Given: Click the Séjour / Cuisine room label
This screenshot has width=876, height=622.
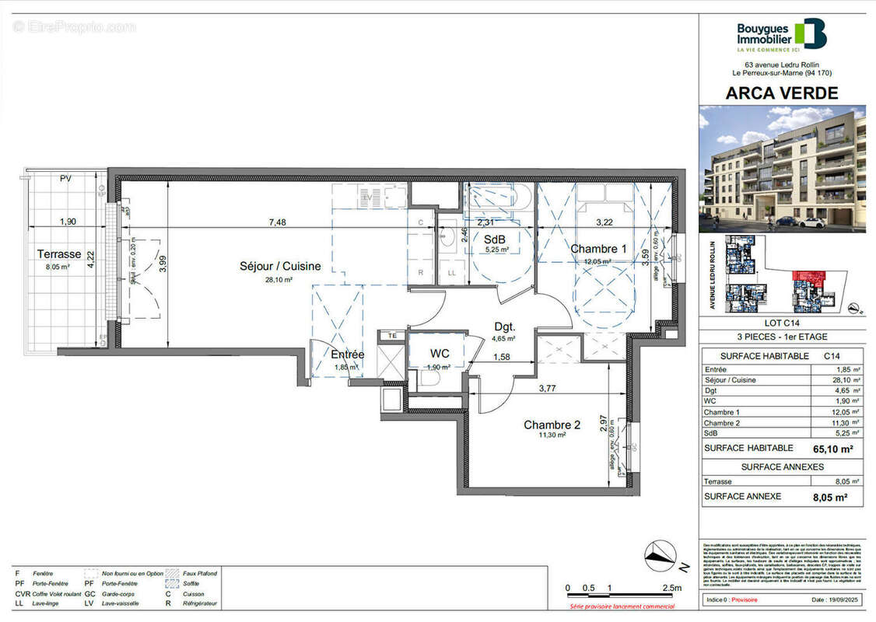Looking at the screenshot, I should [x=279, y=266].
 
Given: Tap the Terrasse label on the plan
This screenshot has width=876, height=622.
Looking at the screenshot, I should [x=58, y=253].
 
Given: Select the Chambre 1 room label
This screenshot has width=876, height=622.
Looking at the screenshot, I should [x=598, y=249].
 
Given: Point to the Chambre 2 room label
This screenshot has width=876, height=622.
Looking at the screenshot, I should [x=552, y=425].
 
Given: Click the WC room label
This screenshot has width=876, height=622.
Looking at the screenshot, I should [x=440, y=354].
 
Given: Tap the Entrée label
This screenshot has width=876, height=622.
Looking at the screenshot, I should [x=347, y=355].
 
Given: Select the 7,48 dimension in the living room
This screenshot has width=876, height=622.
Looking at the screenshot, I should [x=278, y=222].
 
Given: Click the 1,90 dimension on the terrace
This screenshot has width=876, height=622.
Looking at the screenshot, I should [x=68, y=222].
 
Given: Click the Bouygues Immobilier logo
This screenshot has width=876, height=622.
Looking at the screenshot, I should [x=781, y=35].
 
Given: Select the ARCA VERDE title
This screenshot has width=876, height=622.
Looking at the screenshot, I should [x=781, y=93].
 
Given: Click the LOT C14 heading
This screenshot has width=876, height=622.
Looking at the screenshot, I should [x=781, y=323].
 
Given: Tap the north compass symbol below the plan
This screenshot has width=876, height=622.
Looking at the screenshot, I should [x=662, y=554].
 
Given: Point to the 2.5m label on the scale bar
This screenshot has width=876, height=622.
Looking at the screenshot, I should [x=670, y=588].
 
